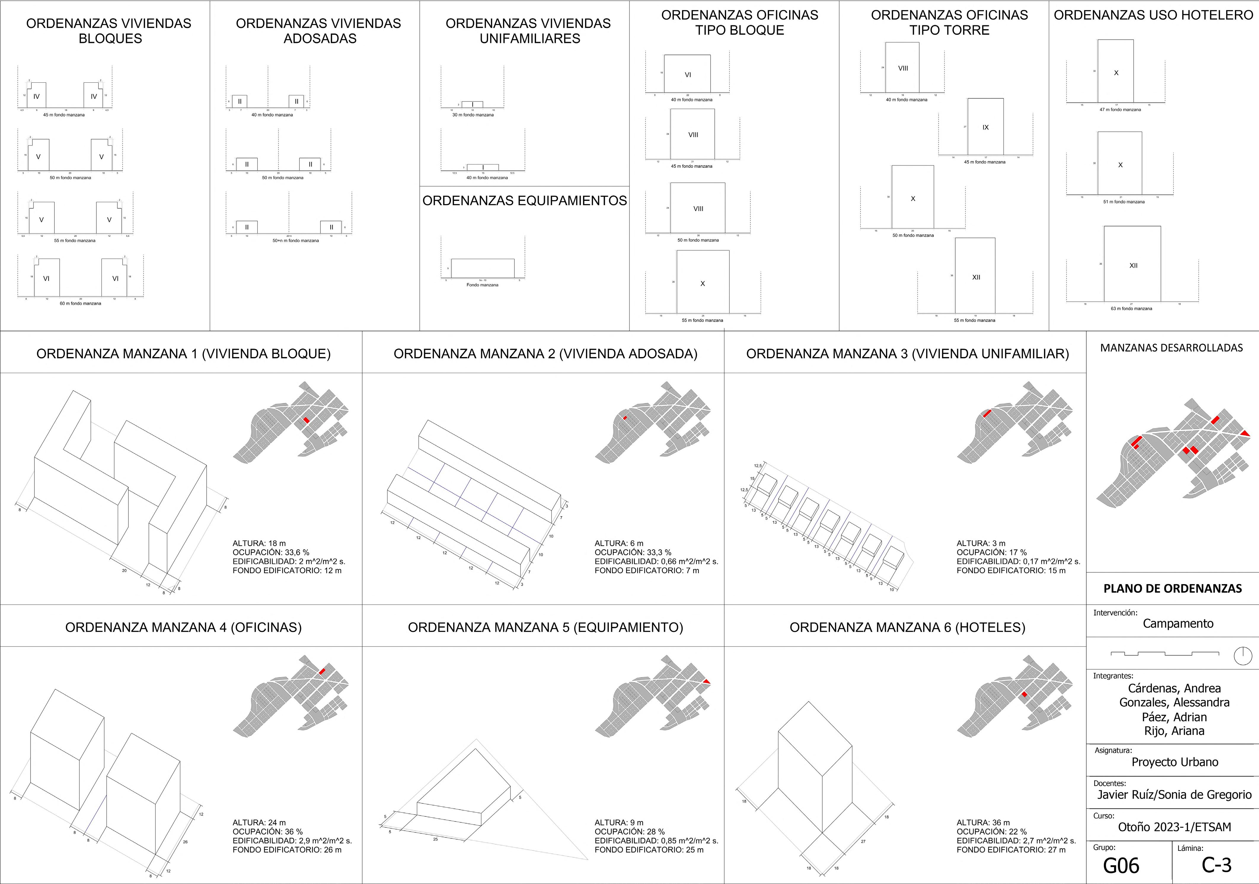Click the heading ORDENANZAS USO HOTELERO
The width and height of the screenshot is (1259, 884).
pos(1153,15)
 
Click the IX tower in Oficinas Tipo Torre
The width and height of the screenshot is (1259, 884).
pos(985,127)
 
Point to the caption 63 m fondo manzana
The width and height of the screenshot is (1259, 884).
pos(1131,308)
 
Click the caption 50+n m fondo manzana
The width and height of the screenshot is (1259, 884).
pos(296,241)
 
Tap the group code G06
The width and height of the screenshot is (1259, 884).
pos(1121,865)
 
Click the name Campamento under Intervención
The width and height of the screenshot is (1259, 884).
pos(1178,624)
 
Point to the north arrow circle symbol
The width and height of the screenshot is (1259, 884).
pos(1243,656)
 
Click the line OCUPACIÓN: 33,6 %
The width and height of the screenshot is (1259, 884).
pos(271,552)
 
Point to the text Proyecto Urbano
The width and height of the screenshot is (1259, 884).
pos(1175,762)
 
